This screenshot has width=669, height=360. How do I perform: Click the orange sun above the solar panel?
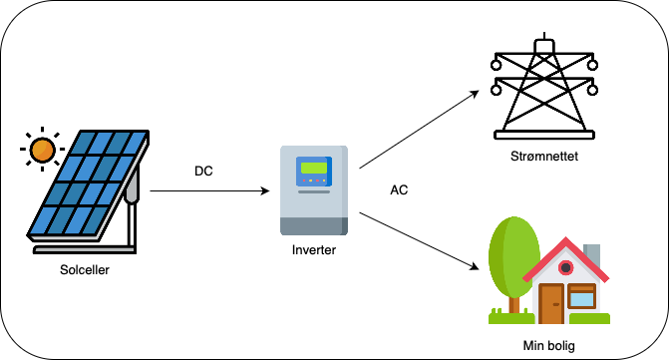[42, 151]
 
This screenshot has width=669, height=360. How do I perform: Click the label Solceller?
[85, 268]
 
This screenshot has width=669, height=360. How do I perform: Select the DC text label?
[203, 172]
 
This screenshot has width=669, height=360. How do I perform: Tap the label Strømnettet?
[542, 156]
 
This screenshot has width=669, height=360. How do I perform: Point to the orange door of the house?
[550, 303]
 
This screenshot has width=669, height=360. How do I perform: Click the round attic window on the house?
[566, 266]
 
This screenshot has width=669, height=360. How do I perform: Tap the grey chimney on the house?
[591, 253]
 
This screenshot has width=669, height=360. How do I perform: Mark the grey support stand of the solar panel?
[131, 214]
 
